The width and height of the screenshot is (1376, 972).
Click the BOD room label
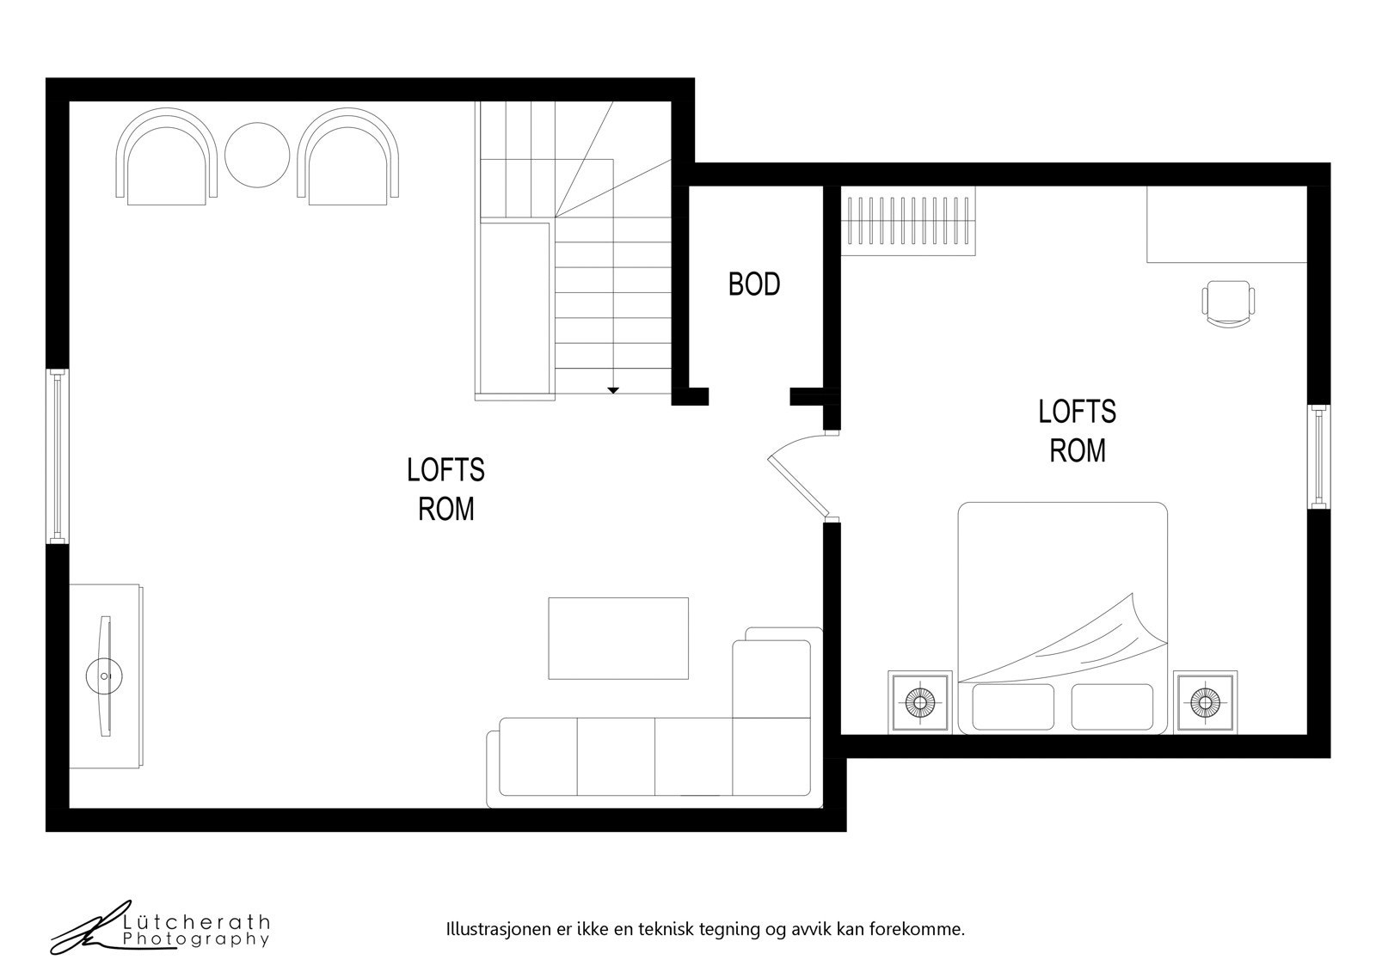point(754,284)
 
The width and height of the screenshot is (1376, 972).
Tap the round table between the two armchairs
point(257,156)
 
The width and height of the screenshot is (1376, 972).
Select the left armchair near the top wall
point(167,158)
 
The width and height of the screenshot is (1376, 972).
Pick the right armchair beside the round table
point(348,158)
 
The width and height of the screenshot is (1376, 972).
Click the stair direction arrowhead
point(613,390)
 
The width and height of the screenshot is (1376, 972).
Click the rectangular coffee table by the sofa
point(618,638)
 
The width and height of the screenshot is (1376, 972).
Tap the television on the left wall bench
point(105,676)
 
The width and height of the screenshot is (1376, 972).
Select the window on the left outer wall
point(57,456)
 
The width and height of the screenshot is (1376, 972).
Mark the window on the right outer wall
point(1318,456)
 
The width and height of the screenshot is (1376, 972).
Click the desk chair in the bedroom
point(1227,303)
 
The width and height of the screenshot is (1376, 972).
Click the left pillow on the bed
point(1012,707)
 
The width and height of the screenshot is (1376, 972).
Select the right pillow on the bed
point(1112,707)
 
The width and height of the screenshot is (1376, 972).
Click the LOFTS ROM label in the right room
point(1077,431)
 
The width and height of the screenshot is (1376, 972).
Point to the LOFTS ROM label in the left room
point(445,489)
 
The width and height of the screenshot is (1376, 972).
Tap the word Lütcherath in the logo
point(197,922)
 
